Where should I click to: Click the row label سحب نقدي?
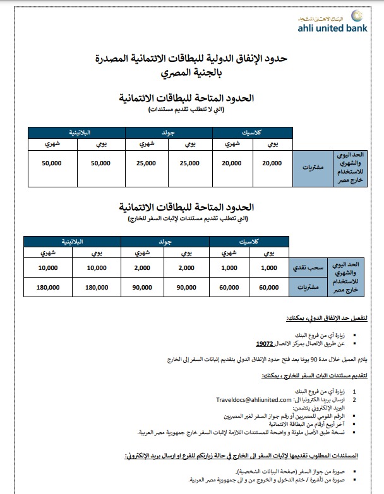[308, 268]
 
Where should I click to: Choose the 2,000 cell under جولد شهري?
[143, 268]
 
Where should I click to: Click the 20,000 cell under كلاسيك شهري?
[232, 163]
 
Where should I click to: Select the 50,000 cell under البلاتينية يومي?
[101, 163]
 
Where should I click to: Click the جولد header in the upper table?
[169, 132]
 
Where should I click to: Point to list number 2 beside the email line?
[355, 399]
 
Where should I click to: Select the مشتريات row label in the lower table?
[308, 286]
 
